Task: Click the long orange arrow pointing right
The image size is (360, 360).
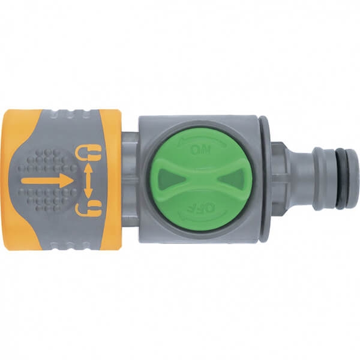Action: point(47,180)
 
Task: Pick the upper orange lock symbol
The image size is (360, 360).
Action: point(88,152)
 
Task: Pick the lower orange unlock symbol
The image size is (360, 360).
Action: point(88,208)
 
